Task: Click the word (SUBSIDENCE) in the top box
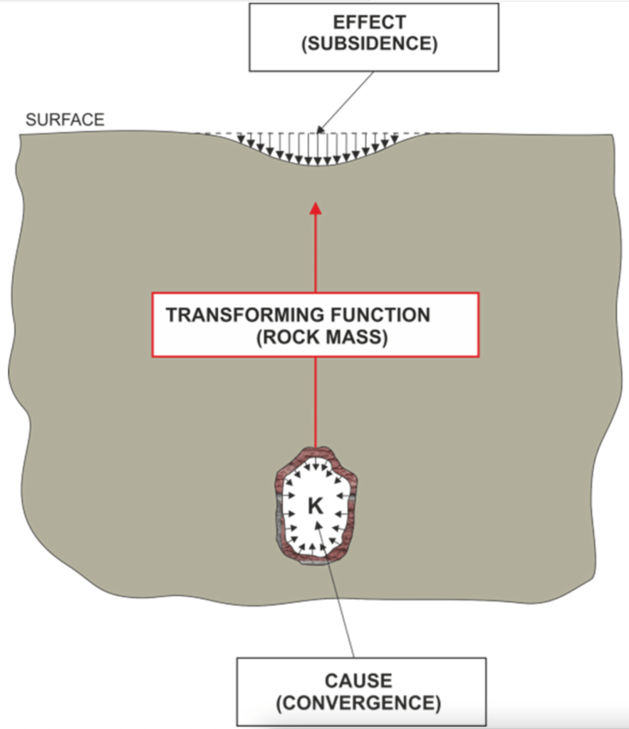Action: [373, 44]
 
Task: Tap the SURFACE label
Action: [65, 120]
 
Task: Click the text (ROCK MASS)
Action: [321, 337]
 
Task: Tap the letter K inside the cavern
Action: [315, 506]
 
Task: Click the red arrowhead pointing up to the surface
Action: [316, 208]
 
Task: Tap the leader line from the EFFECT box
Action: [349, 100]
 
